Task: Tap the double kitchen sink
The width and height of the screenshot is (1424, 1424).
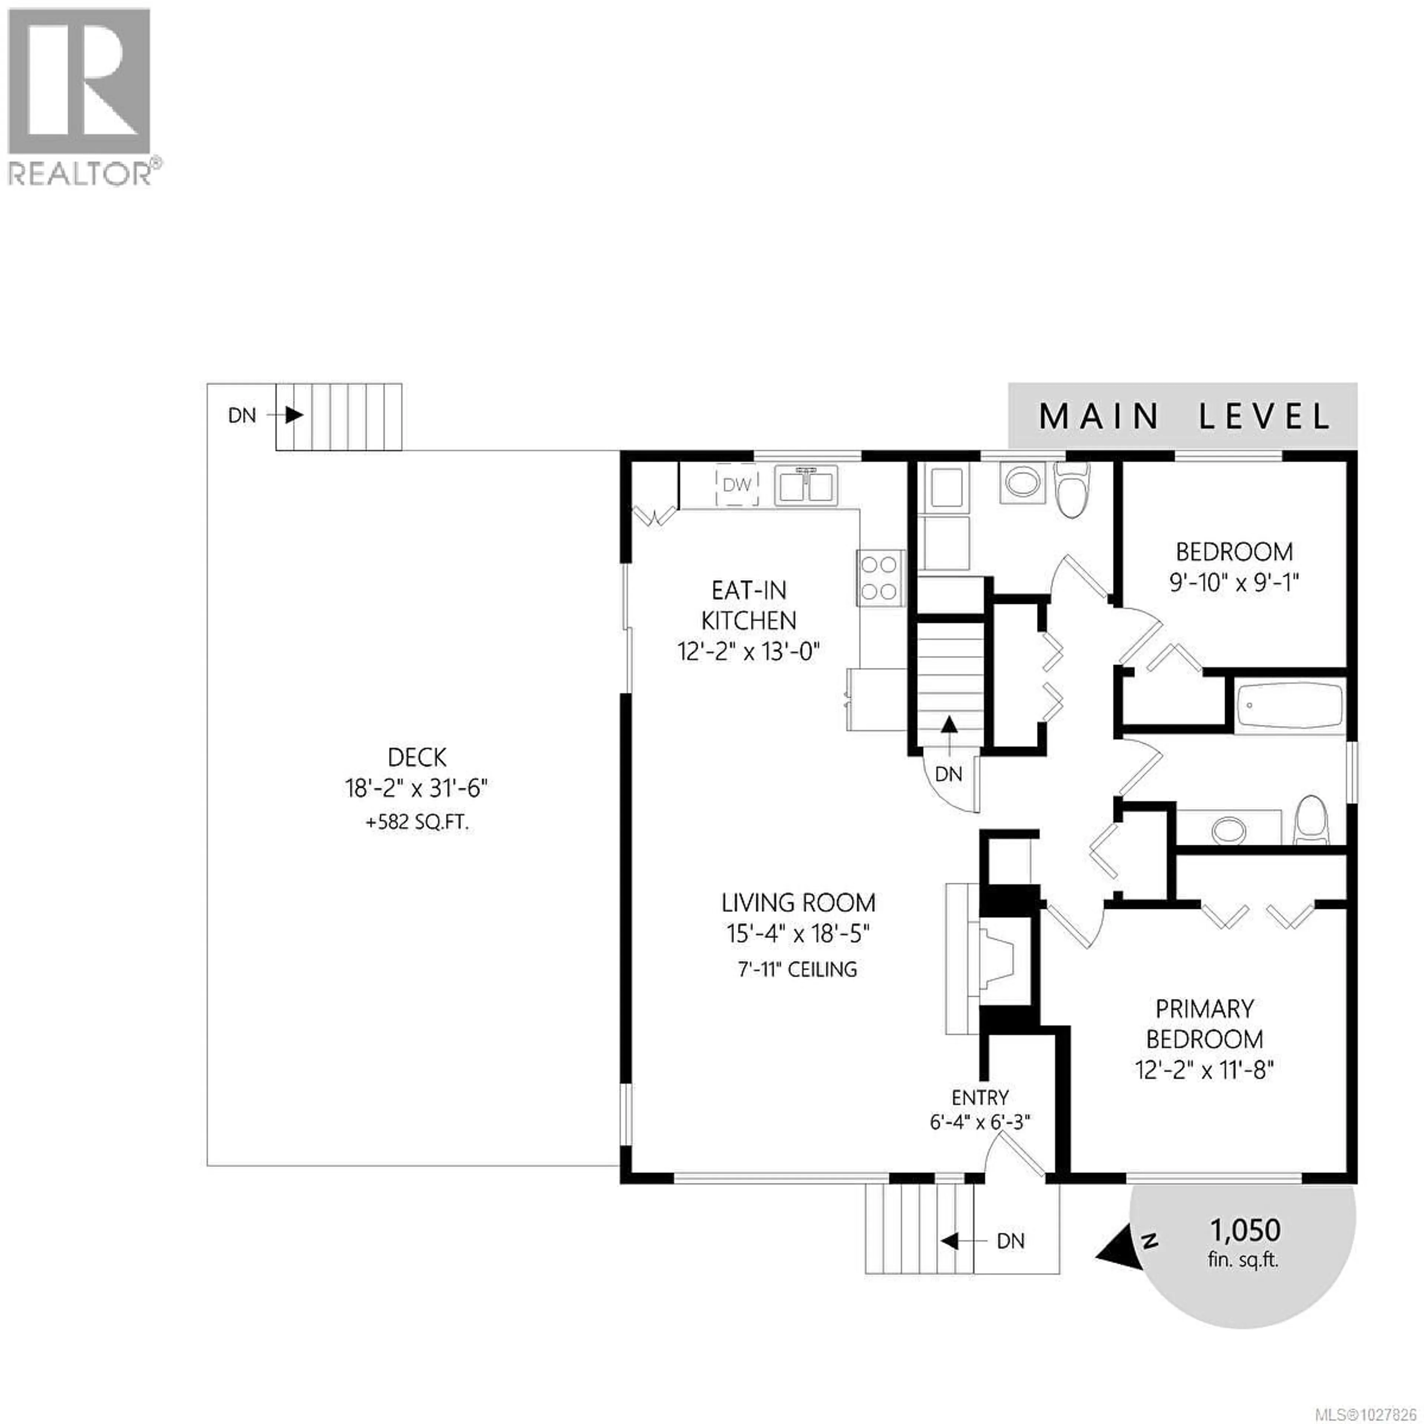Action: (x=805, y=487)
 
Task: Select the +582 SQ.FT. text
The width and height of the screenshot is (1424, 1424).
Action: (x=417, y=823)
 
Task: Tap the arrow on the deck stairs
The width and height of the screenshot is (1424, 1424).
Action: (x=293, y=415)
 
